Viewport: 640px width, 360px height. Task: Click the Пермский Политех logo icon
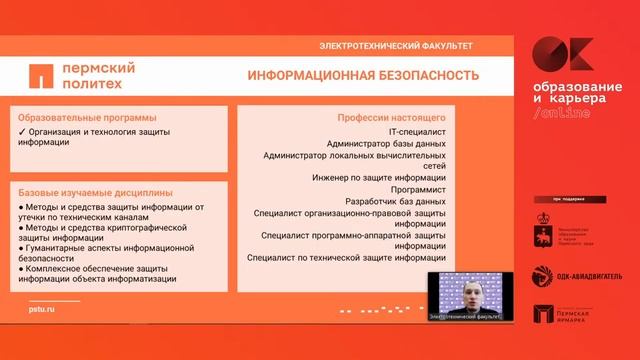[41, 76]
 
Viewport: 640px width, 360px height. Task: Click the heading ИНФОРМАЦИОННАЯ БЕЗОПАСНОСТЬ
[363, 76]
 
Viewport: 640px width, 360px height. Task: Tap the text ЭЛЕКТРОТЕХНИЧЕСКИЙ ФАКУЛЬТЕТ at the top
[395, 46]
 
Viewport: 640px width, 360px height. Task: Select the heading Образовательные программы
[88, 115]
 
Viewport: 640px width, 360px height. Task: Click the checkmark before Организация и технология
[22, 131]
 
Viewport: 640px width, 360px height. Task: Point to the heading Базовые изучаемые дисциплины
[95, 192]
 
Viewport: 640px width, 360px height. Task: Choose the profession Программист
[413, 189]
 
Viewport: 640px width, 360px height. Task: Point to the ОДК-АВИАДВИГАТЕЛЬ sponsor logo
[578, 275]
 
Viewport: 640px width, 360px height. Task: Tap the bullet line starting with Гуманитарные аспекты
[109, 250]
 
